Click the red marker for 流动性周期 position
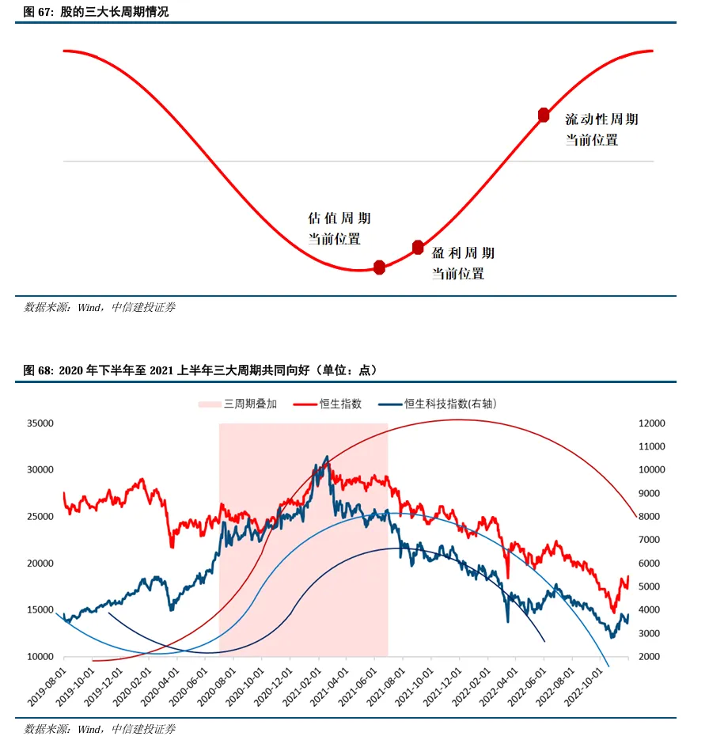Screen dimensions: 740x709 (x=544, y=115)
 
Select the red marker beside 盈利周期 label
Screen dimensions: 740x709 (x=418, y=248)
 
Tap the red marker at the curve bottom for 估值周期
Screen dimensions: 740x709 (x=379, y=267)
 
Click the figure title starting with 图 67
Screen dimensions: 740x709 (x=97, y=13)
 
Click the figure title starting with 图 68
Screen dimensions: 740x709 (x=201, y=370)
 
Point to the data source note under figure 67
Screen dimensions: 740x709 (x=100, y=307)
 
